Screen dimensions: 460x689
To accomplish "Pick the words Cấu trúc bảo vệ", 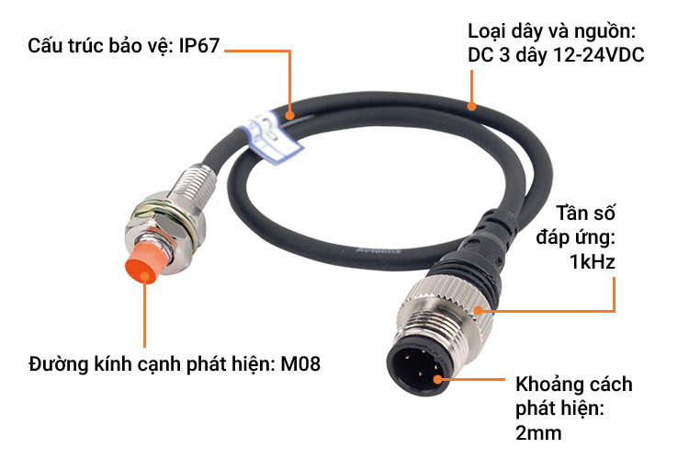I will pos(96,46).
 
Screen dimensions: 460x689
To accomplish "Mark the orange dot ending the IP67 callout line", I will pos(289,116).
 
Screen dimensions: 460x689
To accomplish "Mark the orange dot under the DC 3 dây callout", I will pos(472,104).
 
